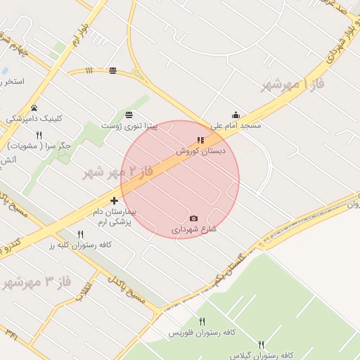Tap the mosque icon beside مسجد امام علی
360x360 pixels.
click(236, 115)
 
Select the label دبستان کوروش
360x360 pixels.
click(200, 150)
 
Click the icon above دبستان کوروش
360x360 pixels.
click(200, 140)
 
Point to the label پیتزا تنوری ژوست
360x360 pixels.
click(127, 125)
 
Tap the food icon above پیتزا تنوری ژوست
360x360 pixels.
click(128, 115)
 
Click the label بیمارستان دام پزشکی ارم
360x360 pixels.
click(115, 217)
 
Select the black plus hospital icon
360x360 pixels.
click(114, 201)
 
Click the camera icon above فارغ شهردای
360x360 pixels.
click(194, 219)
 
